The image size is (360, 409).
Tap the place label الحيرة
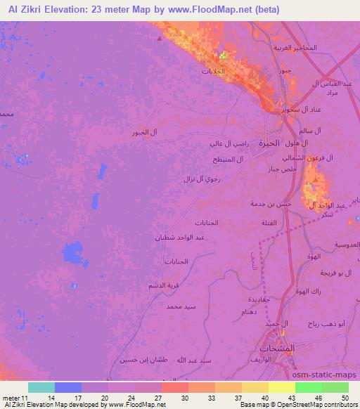point(269,142)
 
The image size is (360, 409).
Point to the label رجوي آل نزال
point(205,179)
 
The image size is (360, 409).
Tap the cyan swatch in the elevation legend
point(41,387)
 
